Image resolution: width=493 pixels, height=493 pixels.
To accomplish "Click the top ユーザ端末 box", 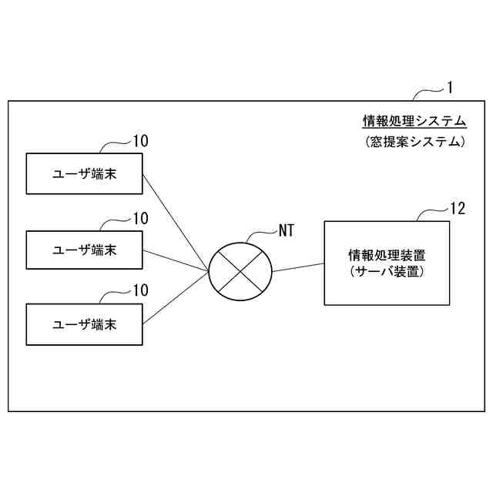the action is tap(84, 173).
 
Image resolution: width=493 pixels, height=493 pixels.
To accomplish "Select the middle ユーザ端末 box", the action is tap(84, 250).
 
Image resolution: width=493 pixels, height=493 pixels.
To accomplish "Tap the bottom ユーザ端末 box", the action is tap(84, 324).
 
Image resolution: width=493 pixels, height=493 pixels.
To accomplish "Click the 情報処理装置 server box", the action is tap(386, 263).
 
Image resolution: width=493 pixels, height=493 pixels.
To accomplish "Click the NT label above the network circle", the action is tap(286, 230).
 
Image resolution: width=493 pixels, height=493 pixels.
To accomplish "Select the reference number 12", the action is tap(458, 208).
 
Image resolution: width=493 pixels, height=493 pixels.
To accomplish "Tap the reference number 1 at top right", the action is tap(450, 88).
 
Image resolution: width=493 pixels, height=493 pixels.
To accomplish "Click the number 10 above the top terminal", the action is tap(140, 141).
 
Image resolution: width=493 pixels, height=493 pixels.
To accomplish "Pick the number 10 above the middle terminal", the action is tap(140, 218).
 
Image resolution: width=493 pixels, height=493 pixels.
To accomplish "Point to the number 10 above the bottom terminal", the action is tap(140, 290).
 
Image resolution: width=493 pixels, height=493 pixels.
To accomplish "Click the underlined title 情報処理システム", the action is tap(414, 121).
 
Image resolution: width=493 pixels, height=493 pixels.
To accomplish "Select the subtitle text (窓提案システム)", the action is tap(414, 142).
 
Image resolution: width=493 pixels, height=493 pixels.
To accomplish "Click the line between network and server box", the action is tap(298, 267).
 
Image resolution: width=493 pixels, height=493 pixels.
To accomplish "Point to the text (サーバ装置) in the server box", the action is tap(386, 272).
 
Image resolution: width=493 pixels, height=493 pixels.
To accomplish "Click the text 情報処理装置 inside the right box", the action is tap(386, 254).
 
